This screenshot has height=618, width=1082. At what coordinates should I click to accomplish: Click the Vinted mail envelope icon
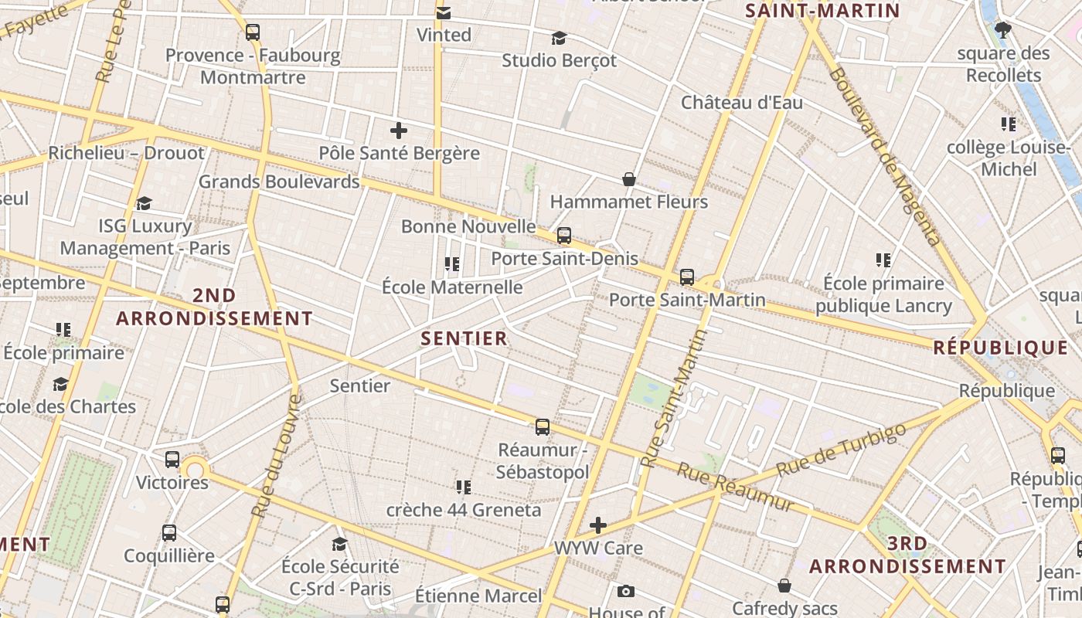444,12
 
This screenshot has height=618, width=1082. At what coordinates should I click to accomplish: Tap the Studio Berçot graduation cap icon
559,38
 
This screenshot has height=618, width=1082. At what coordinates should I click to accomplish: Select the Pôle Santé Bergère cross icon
399,131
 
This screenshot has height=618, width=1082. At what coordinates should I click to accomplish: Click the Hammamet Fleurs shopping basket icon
629,179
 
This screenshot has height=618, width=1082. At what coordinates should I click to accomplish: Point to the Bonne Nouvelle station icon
564,236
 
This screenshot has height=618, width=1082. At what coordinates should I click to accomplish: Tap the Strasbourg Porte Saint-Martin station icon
687,277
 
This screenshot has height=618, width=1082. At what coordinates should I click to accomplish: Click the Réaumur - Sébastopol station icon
543,426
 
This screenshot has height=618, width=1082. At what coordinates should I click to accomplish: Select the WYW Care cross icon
598,526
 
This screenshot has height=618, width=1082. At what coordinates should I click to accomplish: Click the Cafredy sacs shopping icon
784,586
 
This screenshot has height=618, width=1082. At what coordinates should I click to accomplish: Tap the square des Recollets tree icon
1003,31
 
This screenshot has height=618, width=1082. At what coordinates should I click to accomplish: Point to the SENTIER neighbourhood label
464,338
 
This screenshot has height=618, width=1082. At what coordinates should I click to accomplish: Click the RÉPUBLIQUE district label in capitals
1000,348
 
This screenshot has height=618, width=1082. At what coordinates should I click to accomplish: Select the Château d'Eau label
741,103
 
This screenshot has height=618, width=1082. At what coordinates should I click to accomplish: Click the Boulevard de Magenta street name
884,154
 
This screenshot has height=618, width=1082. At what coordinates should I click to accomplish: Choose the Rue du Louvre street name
275,456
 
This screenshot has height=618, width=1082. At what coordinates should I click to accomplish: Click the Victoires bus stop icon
172,460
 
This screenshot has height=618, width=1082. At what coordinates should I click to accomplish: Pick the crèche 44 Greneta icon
464,487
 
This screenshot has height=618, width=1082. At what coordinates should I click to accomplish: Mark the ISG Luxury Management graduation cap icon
145,203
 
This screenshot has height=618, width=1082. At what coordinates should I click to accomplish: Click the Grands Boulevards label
279,182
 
